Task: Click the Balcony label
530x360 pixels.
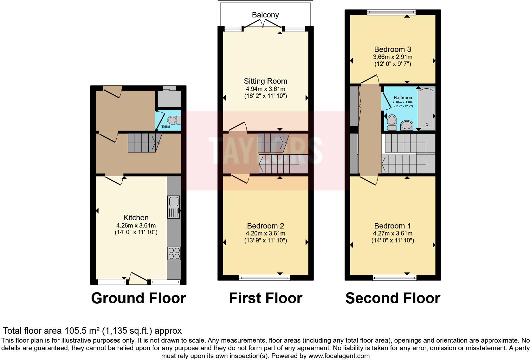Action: (265, 15)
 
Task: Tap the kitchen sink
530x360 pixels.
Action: (174, 202)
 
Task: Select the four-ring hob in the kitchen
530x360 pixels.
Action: (174, 253)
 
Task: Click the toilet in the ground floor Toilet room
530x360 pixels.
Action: (173, 120)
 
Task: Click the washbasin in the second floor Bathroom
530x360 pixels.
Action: (406, 125)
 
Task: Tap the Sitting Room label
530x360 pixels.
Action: (265, 81)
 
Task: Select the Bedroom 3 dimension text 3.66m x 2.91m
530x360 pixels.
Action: (392, 57)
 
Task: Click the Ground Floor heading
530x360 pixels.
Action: (138, 298)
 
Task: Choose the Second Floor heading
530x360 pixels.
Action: (392, 298)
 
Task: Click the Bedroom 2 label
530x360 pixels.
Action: (265, 226)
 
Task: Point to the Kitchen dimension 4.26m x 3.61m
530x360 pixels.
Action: (136, 225)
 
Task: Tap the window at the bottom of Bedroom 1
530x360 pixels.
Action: (394, 278)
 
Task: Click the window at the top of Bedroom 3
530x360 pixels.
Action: (391, 12)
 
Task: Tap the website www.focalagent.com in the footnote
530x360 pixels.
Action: (339, 356)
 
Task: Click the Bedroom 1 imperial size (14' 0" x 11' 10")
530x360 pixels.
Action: (392, 241)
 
